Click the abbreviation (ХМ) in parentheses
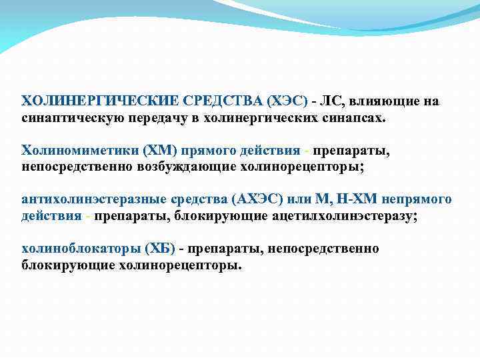pyautogui.click(x=155, y=150)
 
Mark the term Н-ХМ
pyautogui.click(x=351, y=199)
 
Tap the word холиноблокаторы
pyautogui.click(x=79, y=249)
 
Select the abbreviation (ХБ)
pyautogui.click(x=159, y=249)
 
